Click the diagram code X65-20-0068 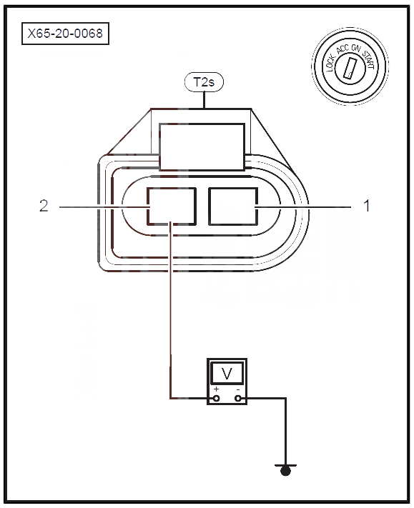[x=65, y=34]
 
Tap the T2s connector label [x=204, y=82]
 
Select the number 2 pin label [x=44, y=206]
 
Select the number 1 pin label [x=367, y=206]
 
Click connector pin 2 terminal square [x=172, y=206]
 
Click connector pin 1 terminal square [x=233, y=206]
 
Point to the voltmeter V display [x=227, y=373]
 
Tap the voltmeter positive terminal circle [x=216, y=398]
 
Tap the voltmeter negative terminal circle [x=238, y=398]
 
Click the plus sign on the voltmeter [x=216, y=389]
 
